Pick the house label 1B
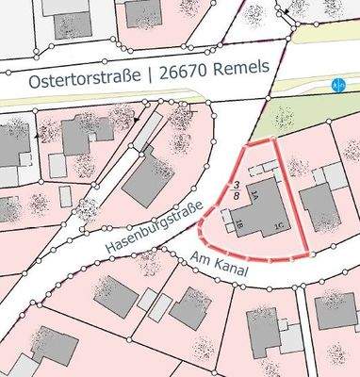pos(239,224)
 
